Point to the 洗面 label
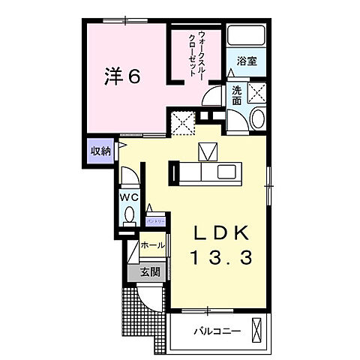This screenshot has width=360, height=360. [236, 95]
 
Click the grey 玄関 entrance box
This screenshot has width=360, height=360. [149, 273]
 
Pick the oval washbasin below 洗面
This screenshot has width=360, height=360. [257, 118]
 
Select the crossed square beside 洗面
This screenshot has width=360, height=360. [257, 94]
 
